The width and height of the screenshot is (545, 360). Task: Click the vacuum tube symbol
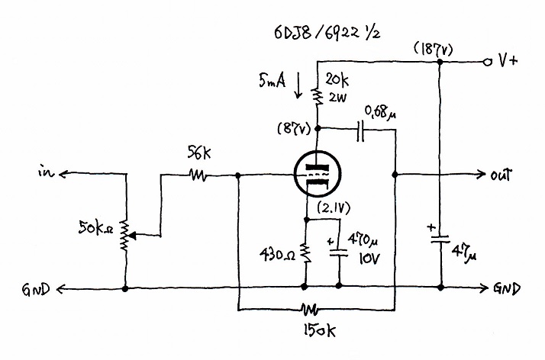(x=317, y=175)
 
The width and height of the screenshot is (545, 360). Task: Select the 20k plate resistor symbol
(x=318, y=97)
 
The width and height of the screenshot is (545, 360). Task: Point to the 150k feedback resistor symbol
(x=310, y=309)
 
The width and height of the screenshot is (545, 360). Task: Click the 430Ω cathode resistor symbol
(x=306, y=253)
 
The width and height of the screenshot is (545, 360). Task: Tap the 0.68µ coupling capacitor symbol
(x=360, y=131)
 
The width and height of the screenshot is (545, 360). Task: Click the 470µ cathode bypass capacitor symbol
(x=339, y=252)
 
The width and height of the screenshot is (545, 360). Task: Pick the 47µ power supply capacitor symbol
(x=440, y=239)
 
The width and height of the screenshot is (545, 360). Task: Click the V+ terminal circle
(x=488, y=62)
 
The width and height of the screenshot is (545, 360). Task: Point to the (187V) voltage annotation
(x=434, y=50)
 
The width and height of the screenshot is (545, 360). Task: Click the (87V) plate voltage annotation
(x=294, y=129)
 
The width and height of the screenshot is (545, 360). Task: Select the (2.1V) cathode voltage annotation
(x=334, y=208)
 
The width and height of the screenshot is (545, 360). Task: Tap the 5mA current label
(x=272, y=80)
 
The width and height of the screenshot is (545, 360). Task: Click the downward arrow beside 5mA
(x=298, y=85)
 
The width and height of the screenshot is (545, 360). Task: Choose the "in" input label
(x=47, y=172)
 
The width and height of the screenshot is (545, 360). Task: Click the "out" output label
(x=501, y=175)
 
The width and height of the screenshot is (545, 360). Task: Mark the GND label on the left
(x=36, y=289)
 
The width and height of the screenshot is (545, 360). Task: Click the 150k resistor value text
(x=320, y=331)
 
